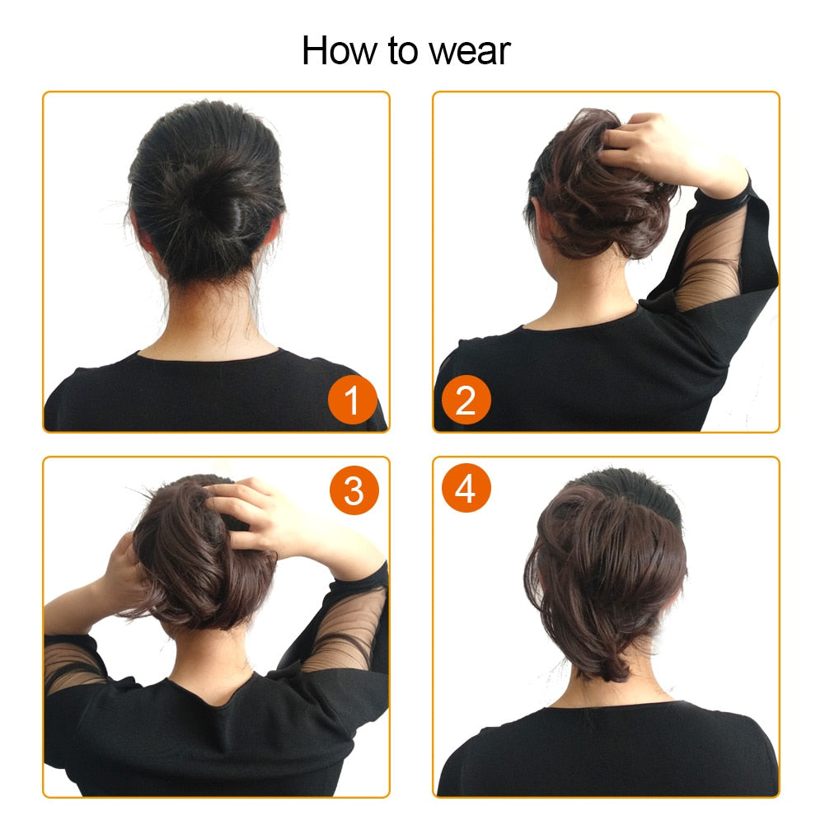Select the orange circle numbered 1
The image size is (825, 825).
(x=353, y=401)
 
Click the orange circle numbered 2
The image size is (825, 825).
(x=466, y=401)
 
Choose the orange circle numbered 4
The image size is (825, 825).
(x=466, y=490)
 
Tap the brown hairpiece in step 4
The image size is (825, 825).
(x=606, y=569)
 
